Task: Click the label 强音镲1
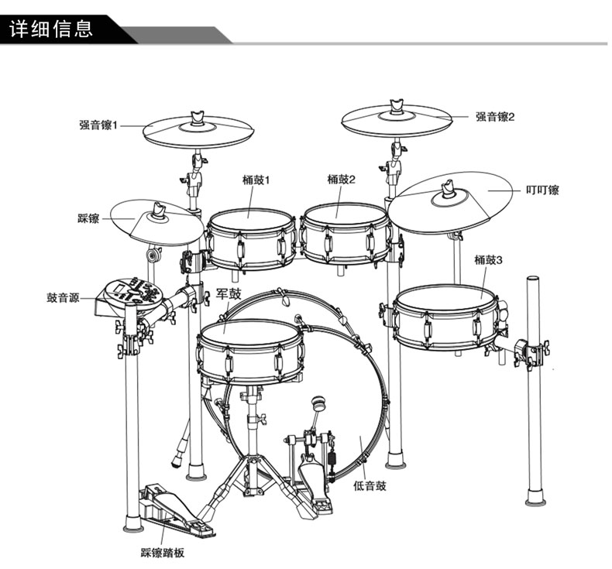pos(98,125)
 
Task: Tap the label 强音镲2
pos(495,116)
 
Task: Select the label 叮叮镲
pos(542,190)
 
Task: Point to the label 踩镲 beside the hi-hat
pos(88,218)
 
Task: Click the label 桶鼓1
pos(256,180)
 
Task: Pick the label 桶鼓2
pos(342,180)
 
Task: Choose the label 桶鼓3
pos(488,260)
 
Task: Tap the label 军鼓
pos(229,293)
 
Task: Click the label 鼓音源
pos(63,298)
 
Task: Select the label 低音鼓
pos(370,486)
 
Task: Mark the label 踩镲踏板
pos(162,553)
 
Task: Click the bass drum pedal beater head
pos(318,403)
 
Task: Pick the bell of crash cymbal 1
pos(198,127)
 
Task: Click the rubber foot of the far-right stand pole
pos(535,497)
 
